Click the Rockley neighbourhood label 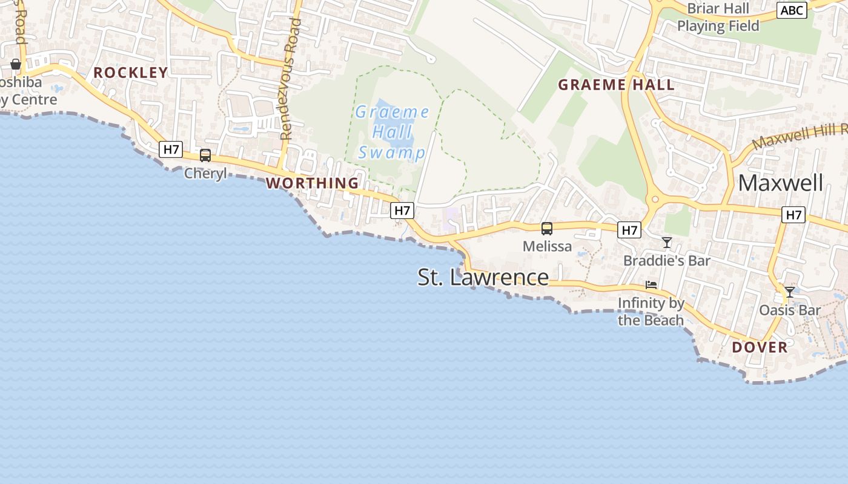pyautogui.click(x=130, y=73)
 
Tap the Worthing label pyautogui.click(x=313, y=183)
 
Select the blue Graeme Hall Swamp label pyautogui.click(x=393, y=132)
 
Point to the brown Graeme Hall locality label pyautogui.click(x=616, y=85)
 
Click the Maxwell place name pyautogui.click(x=780, y=183)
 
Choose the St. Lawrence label pyautogui.click(x=483, y=277)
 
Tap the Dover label pyautogui.click(x=760, y=347)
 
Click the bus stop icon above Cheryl pyautogui.click(x=205, y=155)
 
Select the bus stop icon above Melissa pyautogui.click(x=547, y=229)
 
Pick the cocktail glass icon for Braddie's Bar pyautogui.click(x=667, y=243)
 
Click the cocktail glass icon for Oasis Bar pyautogui.click(x=790, y=292)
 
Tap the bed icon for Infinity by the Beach pyautogui.click(x=651, y=284)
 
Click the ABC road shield pyautogui.click(x=792, y=10)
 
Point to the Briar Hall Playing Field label pyautogui.click(x=718, y=17)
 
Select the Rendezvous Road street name pyautogui.click(x=291, y=79)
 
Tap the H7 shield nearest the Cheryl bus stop pyautogui.click(x=171, y=149)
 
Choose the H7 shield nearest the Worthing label pyautogui.click(x=402, y=211)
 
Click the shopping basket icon pyautogui.click(x=16, y=64)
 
